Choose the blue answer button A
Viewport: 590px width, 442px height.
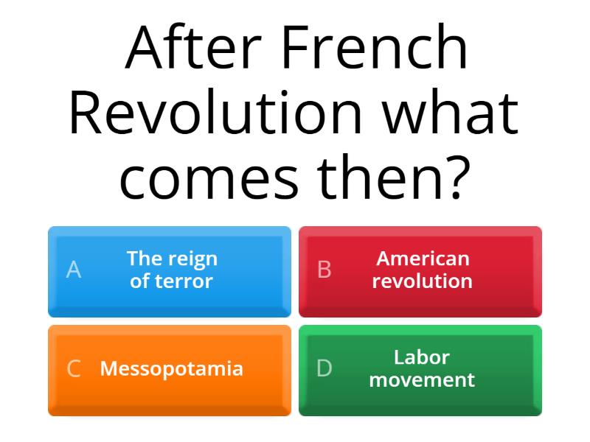pos(170,271)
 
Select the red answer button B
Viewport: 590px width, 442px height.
pos(420,271)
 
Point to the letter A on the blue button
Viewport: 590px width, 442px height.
pos(74,270)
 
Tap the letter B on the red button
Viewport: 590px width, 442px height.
pos(324,270)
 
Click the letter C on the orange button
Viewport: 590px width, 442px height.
pos(74,369)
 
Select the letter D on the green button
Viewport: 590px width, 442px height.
pos(324,369)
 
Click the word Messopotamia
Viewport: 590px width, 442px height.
pos(171,368)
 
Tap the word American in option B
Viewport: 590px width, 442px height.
pos(423,259)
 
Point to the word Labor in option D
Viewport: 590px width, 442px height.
pos(422,357)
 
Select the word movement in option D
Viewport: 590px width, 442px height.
pos(422,380)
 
